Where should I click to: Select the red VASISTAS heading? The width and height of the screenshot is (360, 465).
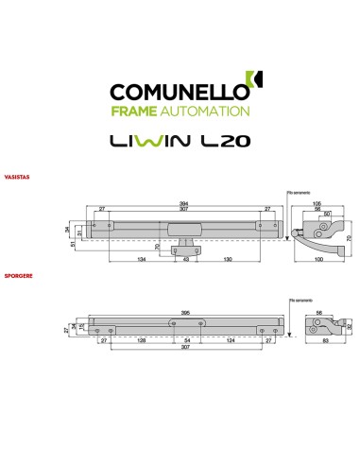point(15,176)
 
